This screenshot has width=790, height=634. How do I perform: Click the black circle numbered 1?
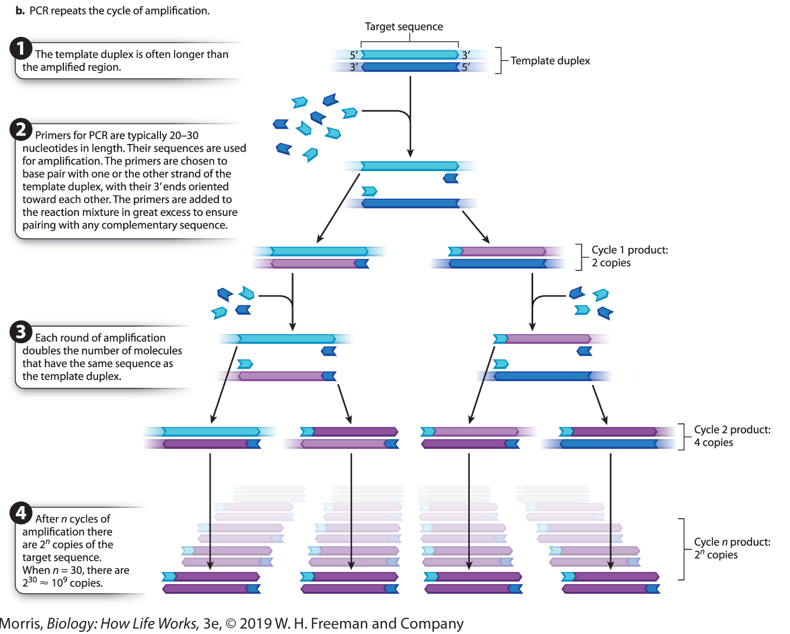(21, 49)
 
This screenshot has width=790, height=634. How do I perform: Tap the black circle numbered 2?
(21, 129)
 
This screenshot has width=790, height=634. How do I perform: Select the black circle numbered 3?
(21, 331)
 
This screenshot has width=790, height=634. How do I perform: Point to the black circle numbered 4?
(21, 512)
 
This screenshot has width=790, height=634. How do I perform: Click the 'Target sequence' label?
(404, 27)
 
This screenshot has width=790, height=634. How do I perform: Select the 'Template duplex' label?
(550, 61)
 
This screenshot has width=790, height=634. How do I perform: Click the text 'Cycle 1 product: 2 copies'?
(629, 256)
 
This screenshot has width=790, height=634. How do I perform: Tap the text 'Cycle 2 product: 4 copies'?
(732, 436)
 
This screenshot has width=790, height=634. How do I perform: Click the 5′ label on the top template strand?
(354, 55)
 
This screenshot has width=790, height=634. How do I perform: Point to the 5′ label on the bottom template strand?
(466, 67)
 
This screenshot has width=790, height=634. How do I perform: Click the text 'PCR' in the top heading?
(39, 11)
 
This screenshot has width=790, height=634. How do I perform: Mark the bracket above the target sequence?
(410, 42)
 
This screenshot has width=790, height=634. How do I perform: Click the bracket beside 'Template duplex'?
(499, 61)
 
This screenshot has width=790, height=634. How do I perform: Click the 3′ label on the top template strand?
(465, 55)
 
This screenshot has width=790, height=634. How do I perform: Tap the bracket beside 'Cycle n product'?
(682, 549)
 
